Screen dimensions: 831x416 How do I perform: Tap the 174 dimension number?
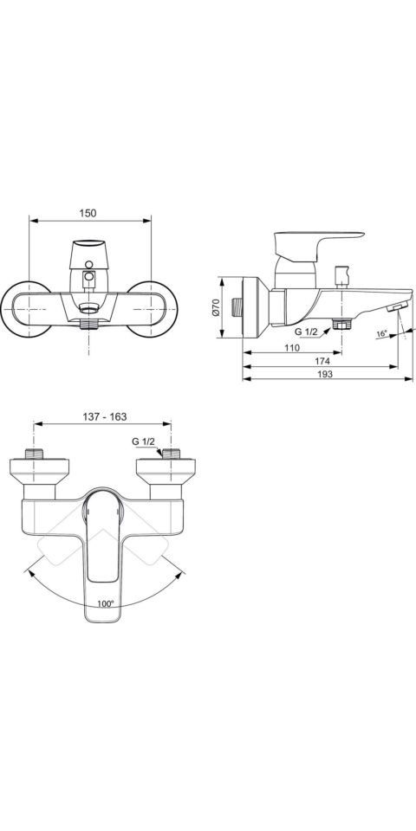pyautogui.click(x=322, y=361)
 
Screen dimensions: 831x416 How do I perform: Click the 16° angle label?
pyautogui.click(x=382, y=334)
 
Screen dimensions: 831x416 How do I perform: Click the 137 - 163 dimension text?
pyautogui.click(x=103, y=416)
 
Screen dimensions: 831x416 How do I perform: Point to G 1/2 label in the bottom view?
pyautogui.click(x=143, y=441)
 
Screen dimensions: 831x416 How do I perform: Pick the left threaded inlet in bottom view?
pyautogui.click(x=36, y=454)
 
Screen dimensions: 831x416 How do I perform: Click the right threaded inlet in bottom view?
pyautogui.click(x=171, y=454)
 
